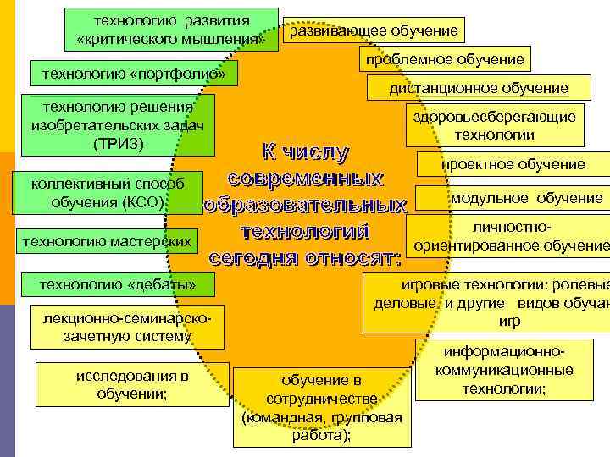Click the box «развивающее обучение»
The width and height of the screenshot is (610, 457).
[x=374, y=31]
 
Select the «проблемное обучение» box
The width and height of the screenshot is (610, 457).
[x=444, y=59]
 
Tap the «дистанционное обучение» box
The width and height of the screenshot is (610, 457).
[x=478, y=88]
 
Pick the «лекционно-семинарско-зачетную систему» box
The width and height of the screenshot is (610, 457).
[x=127, y=326]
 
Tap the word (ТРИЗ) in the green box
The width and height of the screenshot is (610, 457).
[x=118, y=143]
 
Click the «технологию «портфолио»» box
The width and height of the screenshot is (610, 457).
[x=133, y=74]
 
